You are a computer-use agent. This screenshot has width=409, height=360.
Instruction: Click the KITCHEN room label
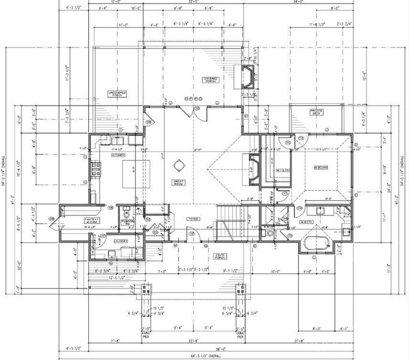[x=118, y=155]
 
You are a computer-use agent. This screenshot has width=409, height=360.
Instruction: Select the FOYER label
[x=192, y=219]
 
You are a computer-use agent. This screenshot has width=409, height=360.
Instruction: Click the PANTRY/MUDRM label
[x=92, y=221]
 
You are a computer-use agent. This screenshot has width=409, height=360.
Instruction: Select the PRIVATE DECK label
[x=317, y=112]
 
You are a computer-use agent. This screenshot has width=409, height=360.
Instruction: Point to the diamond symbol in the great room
[x=178, y=164]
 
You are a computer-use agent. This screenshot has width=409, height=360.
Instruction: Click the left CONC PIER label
[x=145, y=332]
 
